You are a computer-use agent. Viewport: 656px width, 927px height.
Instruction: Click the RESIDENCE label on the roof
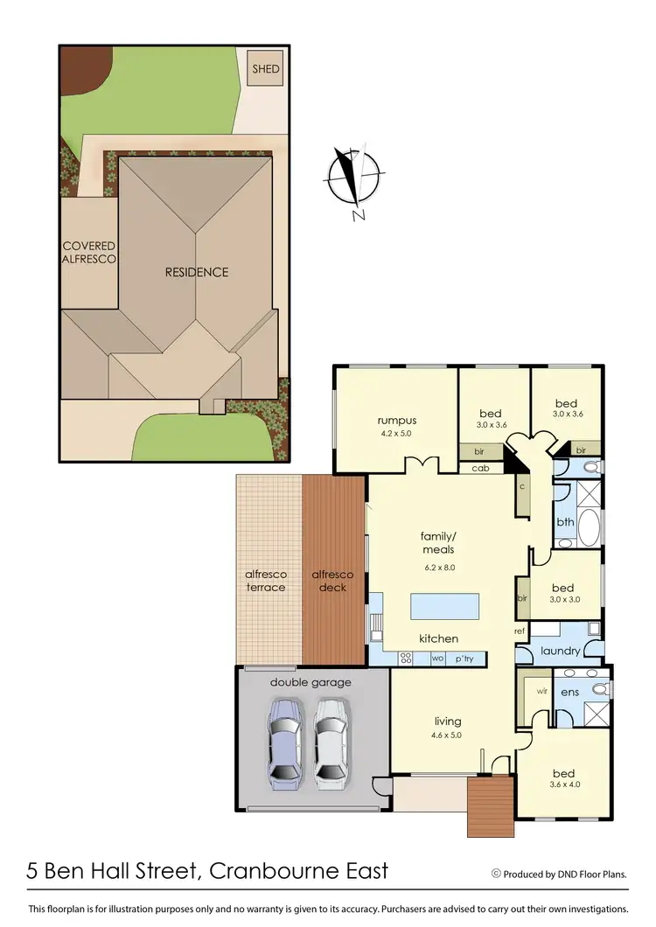(x=197, y=272)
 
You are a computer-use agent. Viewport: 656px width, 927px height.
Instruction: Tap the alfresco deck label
(x=333, y=581)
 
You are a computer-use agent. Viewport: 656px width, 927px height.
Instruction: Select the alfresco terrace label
(x=265, y=581)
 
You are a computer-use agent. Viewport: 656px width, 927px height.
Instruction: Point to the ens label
(x=569, y=692)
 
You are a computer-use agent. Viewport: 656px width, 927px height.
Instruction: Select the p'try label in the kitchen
(x=464, y=659)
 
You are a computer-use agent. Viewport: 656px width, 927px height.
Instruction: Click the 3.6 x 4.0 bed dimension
(x=563, y=784)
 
